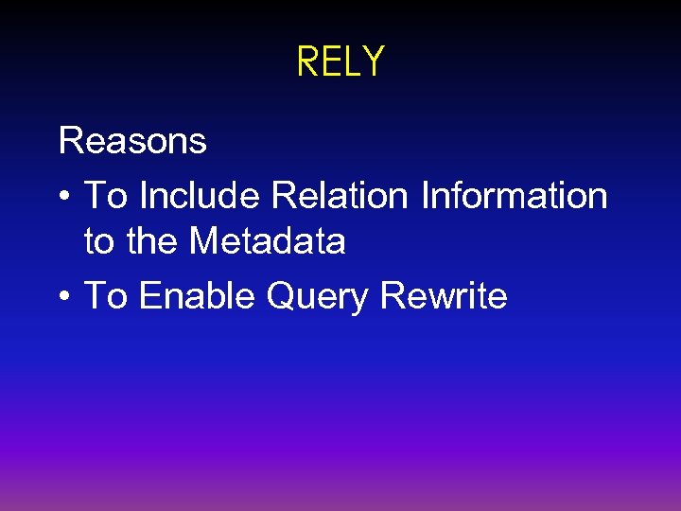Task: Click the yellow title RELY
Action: coord(340,62)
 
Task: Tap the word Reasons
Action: coord(132,141)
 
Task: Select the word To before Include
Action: coord(106,196)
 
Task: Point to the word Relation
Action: coord(340,196)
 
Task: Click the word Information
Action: coord(514,196)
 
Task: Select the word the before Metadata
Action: coord(152,241)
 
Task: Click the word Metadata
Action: coord(268,241)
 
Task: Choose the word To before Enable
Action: coord(106,296)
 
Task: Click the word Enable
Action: coord(198,296)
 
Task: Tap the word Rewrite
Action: coord(443,296)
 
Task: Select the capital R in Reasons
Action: coord(70,141)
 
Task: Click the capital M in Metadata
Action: coord(205,241)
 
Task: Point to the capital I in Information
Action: coord(425,196)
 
